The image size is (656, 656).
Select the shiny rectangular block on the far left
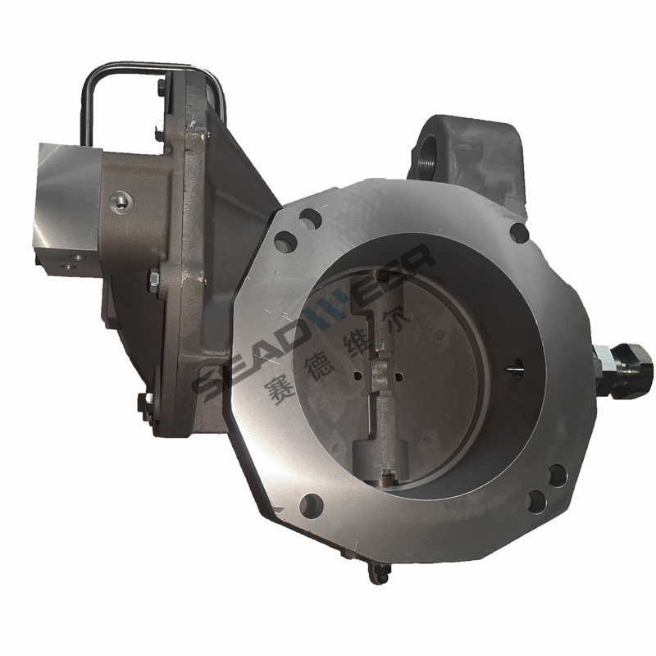coord(67,209)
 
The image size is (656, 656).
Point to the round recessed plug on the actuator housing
coord(122,201)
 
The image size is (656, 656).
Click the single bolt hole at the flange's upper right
coord(519,232)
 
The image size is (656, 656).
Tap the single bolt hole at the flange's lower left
coord(312,505)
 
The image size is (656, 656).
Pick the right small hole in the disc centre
coord(399,377)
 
